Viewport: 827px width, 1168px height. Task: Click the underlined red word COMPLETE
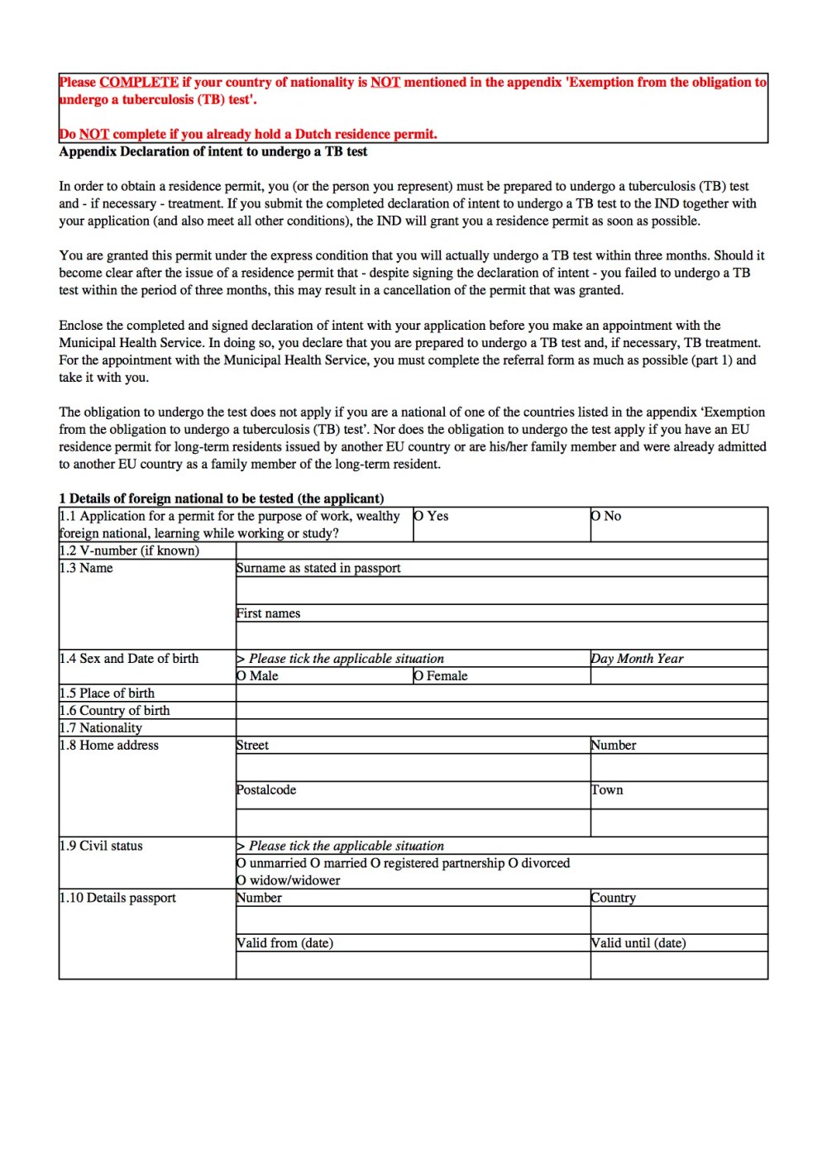pyautogui.click(x=139, y=82)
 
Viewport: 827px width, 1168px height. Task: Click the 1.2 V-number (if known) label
pyautogui.click(x=129, y=551)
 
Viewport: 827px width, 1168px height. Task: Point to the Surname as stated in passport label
pyautogui.click(x=318, y=568)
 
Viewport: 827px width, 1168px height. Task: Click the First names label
pyautogui.click(x=268, y=613)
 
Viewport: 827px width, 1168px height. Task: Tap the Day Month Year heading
pyautogui.click(x=637, y=659)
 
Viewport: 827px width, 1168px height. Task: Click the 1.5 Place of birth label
pyautogui.click(x=107, y=694)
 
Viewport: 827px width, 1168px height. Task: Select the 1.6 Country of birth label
pyautogui.click(x=114, y=711)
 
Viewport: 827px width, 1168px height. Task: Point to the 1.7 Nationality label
pyautogui.click(x=100, y=728)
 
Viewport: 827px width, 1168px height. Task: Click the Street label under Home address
pyautogui.click(x=252, y=746)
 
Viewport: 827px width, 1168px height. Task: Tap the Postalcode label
pyautogui.click(x=266, y=790)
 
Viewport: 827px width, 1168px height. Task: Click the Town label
pyautogui.click(x=607, y=790)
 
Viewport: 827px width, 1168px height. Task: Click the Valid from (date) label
pyautogui.click(x=284, y=943)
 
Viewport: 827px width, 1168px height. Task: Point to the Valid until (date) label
pyautogui.click(x=638, y=943)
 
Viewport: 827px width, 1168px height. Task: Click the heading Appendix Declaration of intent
pyautogui.click(x=213, y=151)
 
